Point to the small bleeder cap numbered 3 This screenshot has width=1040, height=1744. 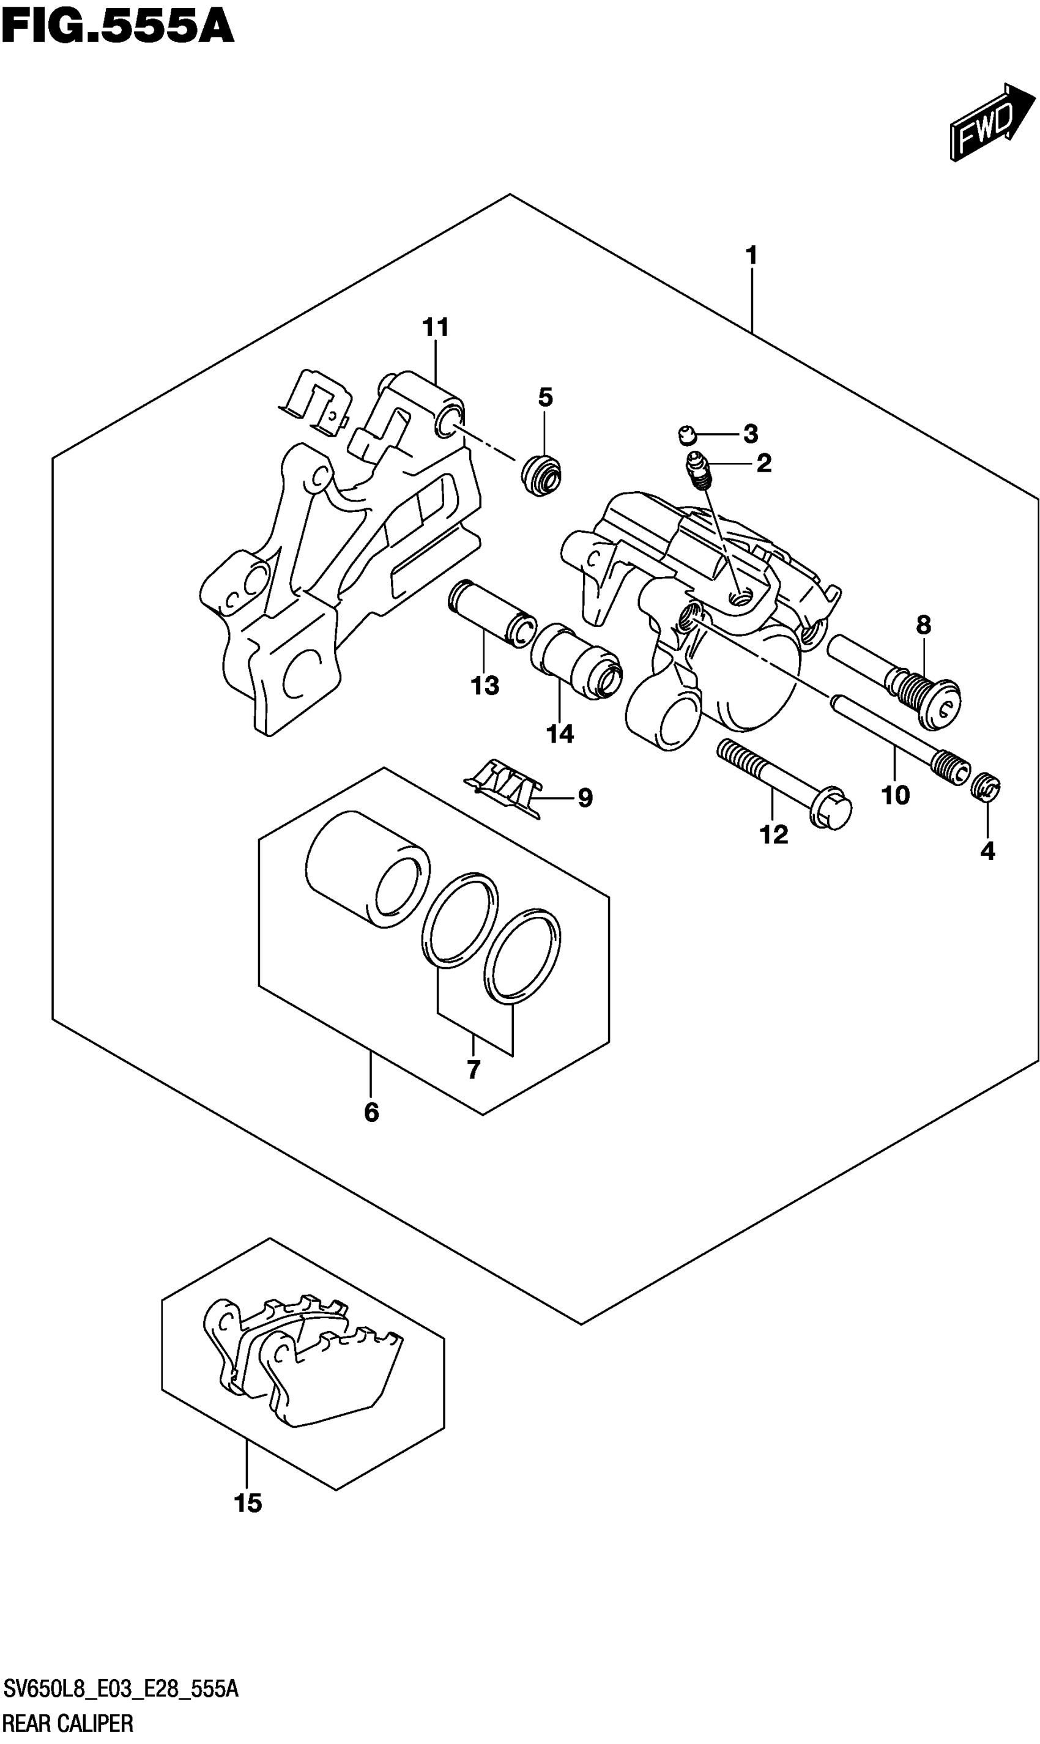point(688,436)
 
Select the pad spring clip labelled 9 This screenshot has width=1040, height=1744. point(505,789)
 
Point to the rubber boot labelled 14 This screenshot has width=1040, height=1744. point(576,660)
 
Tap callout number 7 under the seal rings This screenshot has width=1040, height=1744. point(473,1070)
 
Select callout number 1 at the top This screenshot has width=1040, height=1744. point(751,256)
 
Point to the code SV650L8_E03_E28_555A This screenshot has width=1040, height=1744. point(121,1690)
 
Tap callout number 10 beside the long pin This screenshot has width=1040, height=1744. point(895,795)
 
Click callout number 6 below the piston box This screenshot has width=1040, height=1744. point(371,1111)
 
